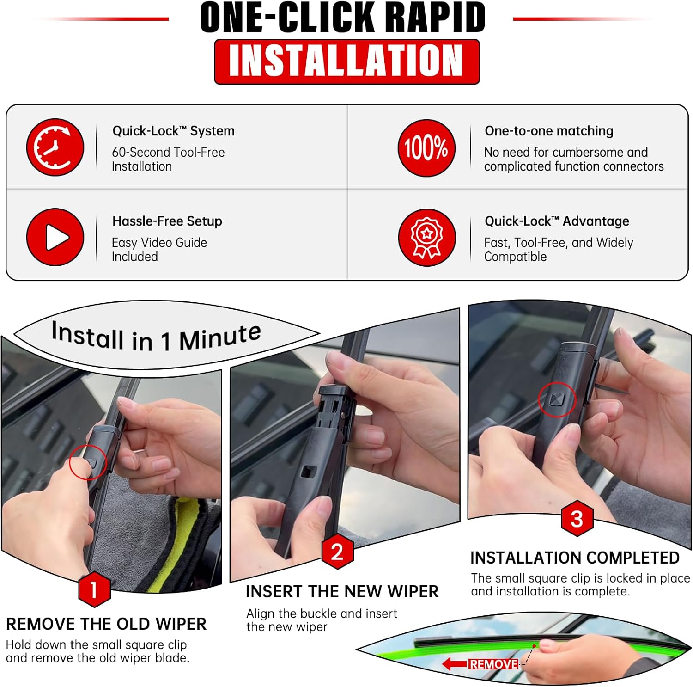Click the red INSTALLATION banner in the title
pos(347,61)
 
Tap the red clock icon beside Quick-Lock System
pos(55,147)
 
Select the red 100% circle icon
pos(426,148)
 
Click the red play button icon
pos(55,237)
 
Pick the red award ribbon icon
pos(427,238)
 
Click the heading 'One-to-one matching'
pos(549,131)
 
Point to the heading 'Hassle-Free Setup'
pos(167,221)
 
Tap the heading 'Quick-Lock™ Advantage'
pos(557,221)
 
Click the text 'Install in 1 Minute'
pos(156,337)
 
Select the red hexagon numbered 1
pos(94,589)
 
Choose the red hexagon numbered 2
pos(337,552)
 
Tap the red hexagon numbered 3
pos(577,519)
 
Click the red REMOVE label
pos(493,664)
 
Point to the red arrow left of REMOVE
pos(455,664)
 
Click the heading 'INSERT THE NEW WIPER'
pos(342,592)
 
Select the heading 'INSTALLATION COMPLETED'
pos(575,558)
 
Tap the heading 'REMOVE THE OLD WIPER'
pos(106,624)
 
